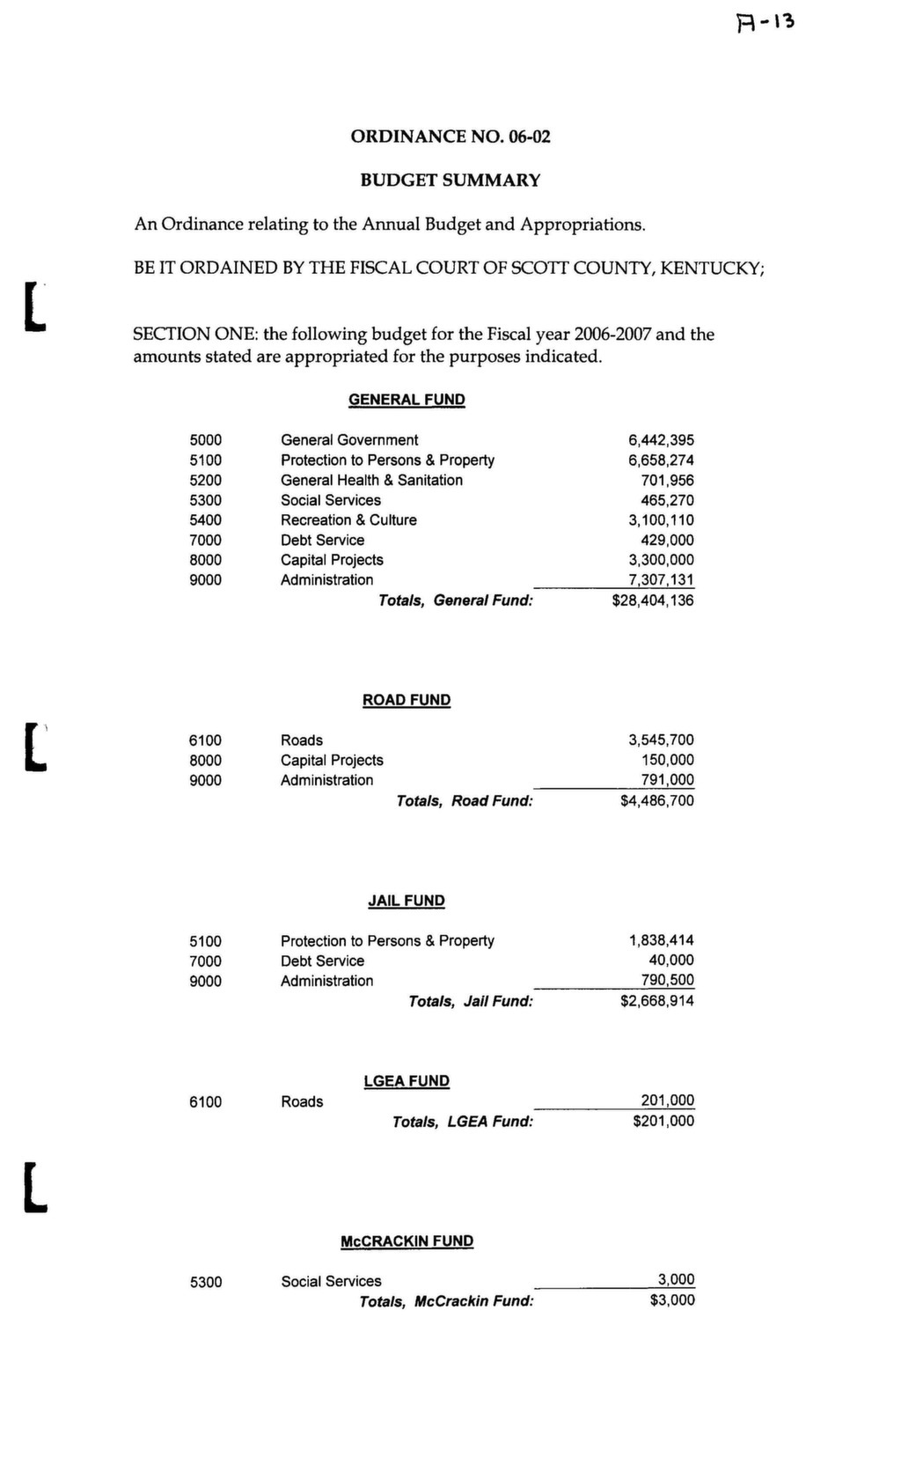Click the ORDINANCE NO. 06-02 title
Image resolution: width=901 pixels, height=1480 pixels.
[x=450, y=136]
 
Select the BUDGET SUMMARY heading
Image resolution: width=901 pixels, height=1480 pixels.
[x=450, y=180]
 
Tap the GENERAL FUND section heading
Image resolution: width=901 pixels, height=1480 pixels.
[x=407, y=400]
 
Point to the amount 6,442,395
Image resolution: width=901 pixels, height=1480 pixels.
[x=661, y=440]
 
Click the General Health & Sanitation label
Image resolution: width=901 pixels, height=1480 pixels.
[x=371, y=480]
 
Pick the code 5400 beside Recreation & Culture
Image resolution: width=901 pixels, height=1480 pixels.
[x=205, y=520]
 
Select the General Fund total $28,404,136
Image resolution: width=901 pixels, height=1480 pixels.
[x=652, y=600]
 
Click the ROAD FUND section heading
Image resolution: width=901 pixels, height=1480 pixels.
[x=407, y=700]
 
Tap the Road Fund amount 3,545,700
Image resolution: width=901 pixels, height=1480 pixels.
[x=661, y=740]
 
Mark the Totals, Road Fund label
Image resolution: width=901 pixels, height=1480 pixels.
[x=465, y=801]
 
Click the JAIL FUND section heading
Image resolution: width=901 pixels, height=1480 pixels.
[x=407, y=901]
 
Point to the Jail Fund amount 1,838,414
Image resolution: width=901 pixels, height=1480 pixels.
[x=661, y=940]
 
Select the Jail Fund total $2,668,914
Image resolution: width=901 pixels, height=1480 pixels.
[x=656, y=1001]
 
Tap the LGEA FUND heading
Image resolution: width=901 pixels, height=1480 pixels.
[x=407, y=1081]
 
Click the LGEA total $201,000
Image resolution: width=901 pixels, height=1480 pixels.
[x=663, y=1121]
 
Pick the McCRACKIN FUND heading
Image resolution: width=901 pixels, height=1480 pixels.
[x=407, y=1241]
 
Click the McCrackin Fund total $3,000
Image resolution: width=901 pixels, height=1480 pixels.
[x=672, y=1300]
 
